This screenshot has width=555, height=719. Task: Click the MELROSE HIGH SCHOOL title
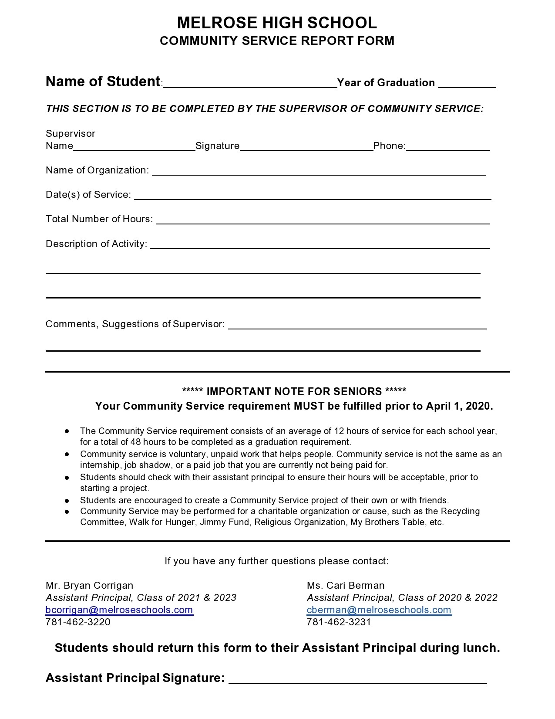277,23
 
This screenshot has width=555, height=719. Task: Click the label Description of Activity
96,244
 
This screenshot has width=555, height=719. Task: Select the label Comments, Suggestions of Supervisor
135,324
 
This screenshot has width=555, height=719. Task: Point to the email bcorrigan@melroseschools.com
119,610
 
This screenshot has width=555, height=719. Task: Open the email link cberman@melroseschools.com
379,610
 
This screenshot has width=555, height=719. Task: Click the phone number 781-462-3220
78,622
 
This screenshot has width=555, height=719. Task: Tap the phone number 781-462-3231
339,622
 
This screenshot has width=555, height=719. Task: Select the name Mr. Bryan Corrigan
89,585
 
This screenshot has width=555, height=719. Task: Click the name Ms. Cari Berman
346,585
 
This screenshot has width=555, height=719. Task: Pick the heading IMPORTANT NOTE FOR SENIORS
294,391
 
